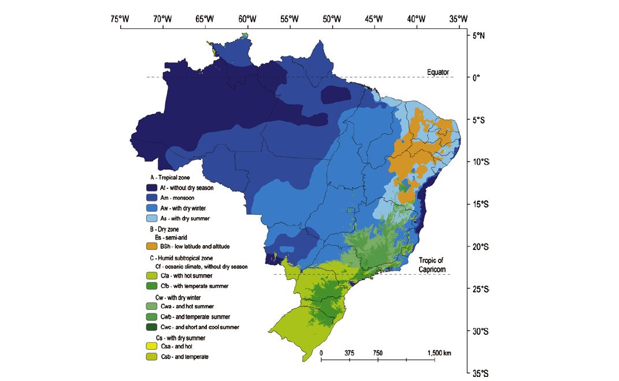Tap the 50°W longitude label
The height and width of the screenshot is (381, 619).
pos(332,18)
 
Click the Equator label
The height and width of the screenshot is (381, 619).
pos(438,72)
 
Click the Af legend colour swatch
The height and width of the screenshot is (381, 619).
pos(151,188)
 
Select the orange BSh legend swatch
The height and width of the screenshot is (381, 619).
pos(151,246)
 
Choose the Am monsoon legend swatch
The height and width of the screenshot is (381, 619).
pos(151,198)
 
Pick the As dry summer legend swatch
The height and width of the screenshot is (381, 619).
pos(151,218)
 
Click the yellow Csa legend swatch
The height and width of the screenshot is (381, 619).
pos(151,346)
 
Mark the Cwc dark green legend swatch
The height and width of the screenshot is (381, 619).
pos(151,327)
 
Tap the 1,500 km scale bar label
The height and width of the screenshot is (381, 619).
pos(439,353)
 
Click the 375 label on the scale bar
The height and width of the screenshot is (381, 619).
pos(349,353)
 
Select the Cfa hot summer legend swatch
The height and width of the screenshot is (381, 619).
pos(151,276)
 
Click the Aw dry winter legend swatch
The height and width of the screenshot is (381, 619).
pos(151,208)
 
